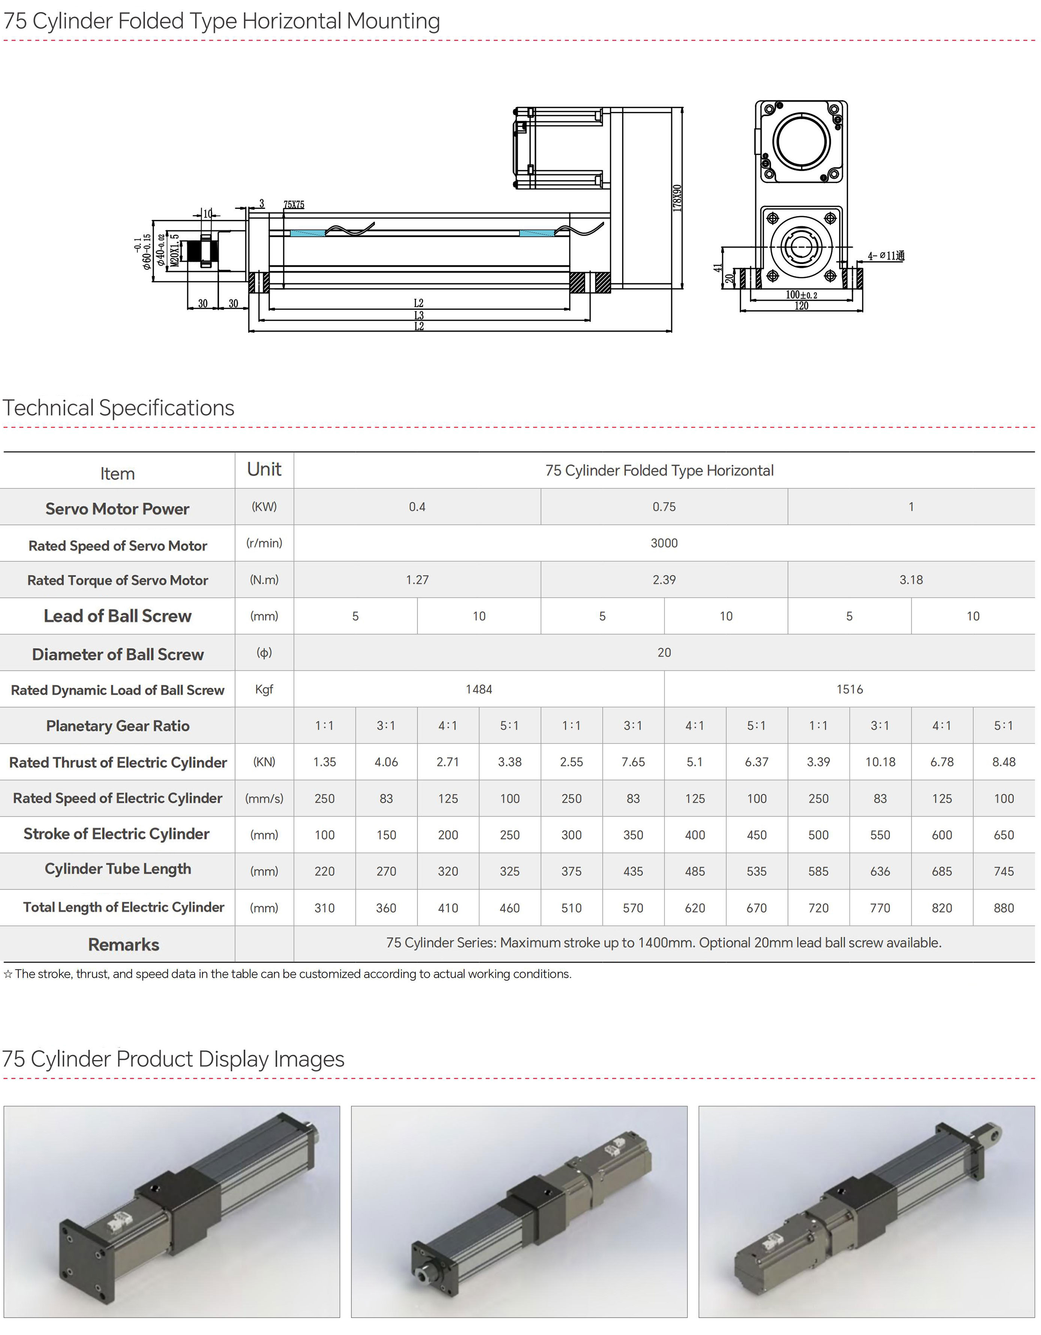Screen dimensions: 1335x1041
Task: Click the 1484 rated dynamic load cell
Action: click(x=479, y=689)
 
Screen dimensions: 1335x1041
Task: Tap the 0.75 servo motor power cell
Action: click(x=664, y=507)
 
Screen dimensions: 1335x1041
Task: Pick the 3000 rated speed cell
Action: click(x=664, y=543)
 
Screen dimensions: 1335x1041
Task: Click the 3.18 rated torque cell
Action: click(x=911, y=580)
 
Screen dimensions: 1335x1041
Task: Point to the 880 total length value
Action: click(x=1004, y=908)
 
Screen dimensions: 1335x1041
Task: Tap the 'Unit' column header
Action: click(x=264, y=469)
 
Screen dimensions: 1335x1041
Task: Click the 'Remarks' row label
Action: click(x=124, y=945)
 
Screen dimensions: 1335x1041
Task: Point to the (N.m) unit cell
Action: click(x=264, y=580)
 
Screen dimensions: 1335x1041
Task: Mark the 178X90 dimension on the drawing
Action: click(x=677, y=198)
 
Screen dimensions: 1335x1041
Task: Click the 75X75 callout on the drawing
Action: click(x=294, y=205)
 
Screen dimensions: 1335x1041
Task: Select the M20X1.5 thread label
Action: click(x=175, y=250)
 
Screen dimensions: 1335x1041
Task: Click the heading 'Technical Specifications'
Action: click(x=119, y=408)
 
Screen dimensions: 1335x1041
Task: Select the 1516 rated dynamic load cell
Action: click(x=849, y=689)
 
